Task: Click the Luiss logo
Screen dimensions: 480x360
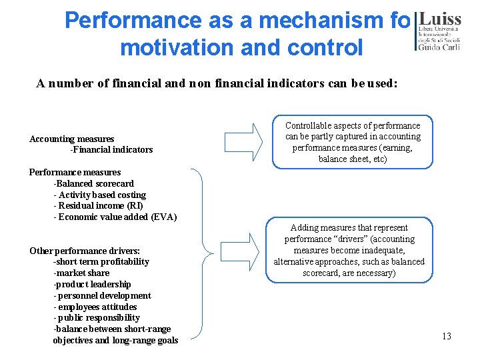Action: click(438, 31)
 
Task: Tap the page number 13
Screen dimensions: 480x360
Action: click(446, 336)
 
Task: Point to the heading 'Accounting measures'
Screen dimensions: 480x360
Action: click(71, 139)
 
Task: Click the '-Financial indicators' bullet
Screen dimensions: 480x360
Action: click(111, 149)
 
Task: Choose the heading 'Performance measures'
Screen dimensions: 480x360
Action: click(75, 172)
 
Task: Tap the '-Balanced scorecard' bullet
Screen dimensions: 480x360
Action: click(93, 183)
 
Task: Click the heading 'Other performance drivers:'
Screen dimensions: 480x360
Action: click(85, 251)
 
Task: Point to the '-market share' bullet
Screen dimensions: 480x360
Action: click(81, 273)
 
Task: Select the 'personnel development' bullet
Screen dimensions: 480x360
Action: click(104, 295)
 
